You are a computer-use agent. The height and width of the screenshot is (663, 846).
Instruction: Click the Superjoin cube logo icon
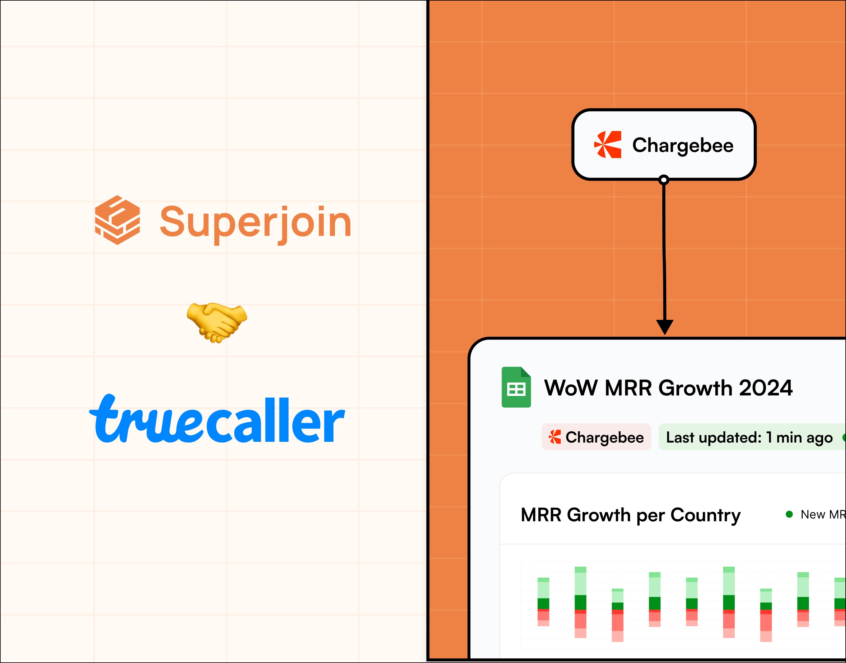[x=117, y=220]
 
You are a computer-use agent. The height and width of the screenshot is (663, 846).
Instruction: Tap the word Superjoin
[x=255, y=222]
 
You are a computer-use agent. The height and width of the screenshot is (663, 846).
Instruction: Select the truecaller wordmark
[x=217, y=419]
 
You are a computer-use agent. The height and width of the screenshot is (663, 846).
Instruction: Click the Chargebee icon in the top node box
[x=608, y=145]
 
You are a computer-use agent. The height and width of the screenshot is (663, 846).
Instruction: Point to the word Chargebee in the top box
[x=683, y=145]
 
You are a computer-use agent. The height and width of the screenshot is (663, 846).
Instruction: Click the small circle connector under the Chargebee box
[x=664, y=180]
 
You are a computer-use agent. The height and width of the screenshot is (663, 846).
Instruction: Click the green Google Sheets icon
[x=516, y=387]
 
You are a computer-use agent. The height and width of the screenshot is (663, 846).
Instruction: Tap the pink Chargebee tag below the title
[x=596, y=437]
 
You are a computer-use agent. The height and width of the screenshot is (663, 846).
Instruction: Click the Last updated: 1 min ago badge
[x=749, y=437]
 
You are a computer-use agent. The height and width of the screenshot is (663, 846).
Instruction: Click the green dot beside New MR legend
[x=789, y=514]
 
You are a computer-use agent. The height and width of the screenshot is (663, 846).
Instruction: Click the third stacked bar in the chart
[x=617, y=615]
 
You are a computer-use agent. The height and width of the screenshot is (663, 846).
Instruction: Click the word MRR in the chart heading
[x=541, y=515]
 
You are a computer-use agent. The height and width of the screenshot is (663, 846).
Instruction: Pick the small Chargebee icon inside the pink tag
[x=555, y=437]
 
